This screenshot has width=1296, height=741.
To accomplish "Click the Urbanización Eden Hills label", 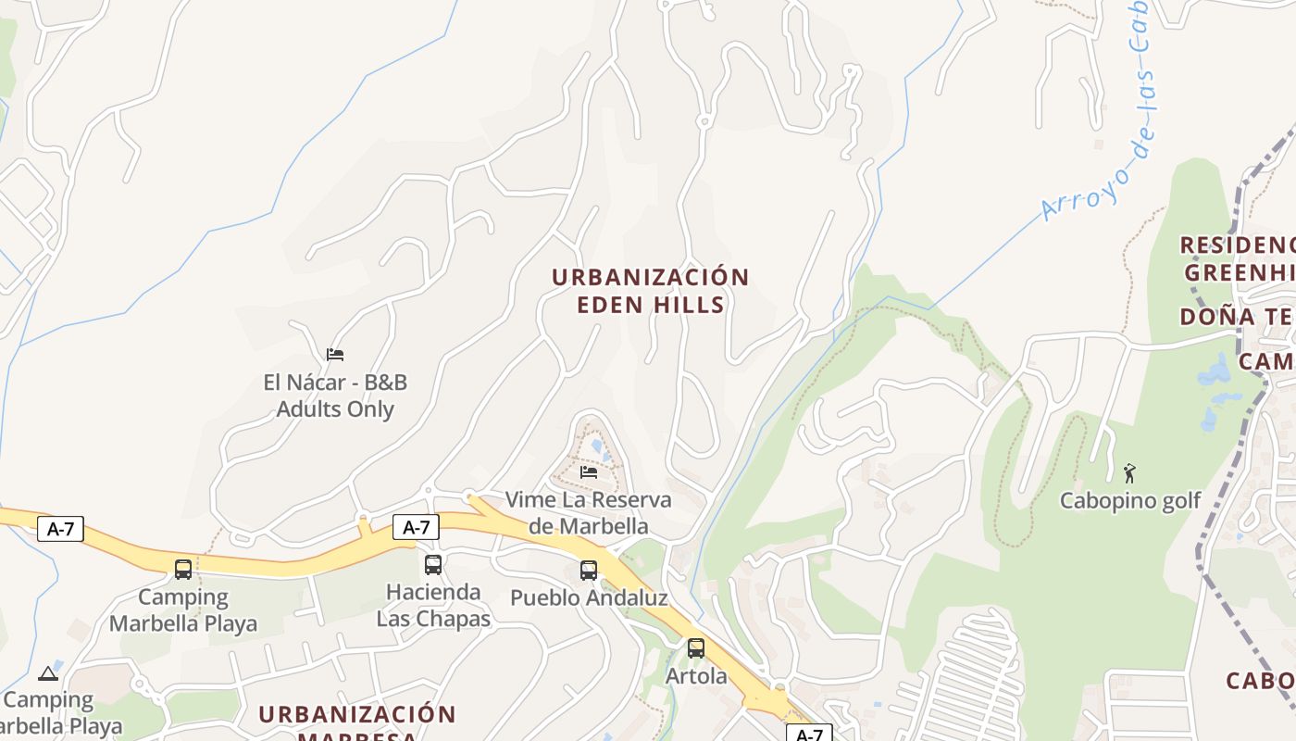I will click(650, 291).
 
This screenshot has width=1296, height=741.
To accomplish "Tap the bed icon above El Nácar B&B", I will click(335, 354).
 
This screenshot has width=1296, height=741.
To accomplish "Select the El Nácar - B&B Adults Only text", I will click(335, 396).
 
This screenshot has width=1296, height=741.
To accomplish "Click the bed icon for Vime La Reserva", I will click(588, 472).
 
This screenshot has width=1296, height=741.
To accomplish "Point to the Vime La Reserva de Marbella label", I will click(589, 512).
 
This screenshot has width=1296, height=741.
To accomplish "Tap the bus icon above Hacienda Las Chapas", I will click(433, 564).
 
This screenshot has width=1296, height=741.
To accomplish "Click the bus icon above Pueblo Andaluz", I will click(589, 570).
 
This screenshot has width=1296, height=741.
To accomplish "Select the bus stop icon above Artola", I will click(696, 647).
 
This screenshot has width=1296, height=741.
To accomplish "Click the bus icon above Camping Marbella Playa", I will click(183, 569).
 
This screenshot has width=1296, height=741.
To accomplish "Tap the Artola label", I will click(696, 676).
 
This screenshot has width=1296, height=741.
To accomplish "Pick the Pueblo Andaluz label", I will click(589, 598).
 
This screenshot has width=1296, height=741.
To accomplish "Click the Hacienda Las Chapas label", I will click(433, 605).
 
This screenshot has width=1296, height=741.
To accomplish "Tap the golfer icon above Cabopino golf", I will click(1129, 473).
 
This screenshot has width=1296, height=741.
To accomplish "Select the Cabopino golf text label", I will click(1129, 501).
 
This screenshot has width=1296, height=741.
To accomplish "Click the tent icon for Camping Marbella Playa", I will click(48, 672).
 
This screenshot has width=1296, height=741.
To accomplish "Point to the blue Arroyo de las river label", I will click(1102, 139).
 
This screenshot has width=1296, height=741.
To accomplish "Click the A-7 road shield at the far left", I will click(60, 530).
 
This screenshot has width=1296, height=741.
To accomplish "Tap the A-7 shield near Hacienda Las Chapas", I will click(416, 527).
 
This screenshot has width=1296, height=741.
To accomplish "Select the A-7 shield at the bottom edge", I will click(809, 734).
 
